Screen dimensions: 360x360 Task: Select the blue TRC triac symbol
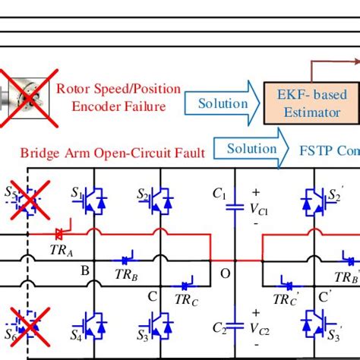point(187,286)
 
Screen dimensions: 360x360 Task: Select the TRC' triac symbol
point(285,286)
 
